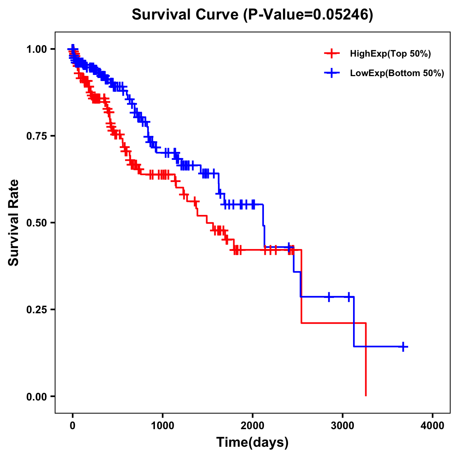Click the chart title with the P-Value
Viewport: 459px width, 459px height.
point(252,15)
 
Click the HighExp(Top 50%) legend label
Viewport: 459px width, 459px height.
point(390,54)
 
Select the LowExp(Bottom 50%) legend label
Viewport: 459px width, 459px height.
point(397,73)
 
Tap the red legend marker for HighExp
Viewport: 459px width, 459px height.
point(332,54)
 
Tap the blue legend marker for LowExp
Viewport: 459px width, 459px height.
point(332,73)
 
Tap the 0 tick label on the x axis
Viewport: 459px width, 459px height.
point(73,426)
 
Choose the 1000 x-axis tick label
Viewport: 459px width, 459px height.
point(163,426)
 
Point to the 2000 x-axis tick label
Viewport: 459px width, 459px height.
point(252,426)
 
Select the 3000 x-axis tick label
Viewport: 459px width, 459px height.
point(342,426)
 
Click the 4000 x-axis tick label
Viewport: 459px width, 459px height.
point(433,426)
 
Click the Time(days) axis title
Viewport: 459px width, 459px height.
point(252,443)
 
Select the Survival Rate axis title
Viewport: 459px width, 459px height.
point(14,223)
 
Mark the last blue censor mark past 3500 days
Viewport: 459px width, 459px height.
point(403,347)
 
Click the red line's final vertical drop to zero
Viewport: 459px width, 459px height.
point(366,360)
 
